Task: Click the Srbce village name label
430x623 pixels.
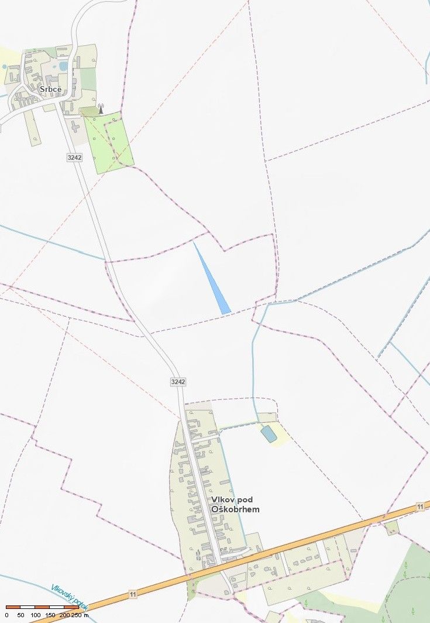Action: [50, 89]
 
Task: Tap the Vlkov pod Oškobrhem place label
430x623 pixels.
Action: [235, 504]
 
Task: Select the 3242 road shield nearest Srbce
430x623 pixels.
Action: [74, 158]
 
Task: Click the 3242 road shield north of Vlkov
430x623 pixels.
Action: [178, 381]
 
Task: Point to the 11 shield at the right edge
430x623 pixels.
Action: [419, 506]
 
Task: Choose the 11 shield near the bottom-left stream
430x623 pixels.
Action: [133, 594]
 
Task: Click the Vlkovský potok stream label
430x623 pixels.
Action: [69, 597]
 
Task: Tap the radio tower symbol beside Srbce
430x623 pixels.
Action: [100, 109]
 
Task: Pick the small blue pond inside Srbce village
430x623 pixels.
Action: [63, 66]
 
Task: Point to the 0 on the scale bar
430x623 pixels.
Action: [6, 615]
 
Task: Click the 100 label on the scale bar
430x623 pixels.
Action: [36, 615]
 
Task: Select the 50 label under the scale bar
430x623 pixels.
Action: [20, 615]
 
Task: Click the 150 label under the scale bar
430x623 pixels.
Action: [50, 615]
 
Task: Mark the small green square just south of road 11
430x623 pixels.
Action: [392, 528]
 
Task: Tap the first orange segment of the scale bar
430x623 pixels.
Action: [13, 607]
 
